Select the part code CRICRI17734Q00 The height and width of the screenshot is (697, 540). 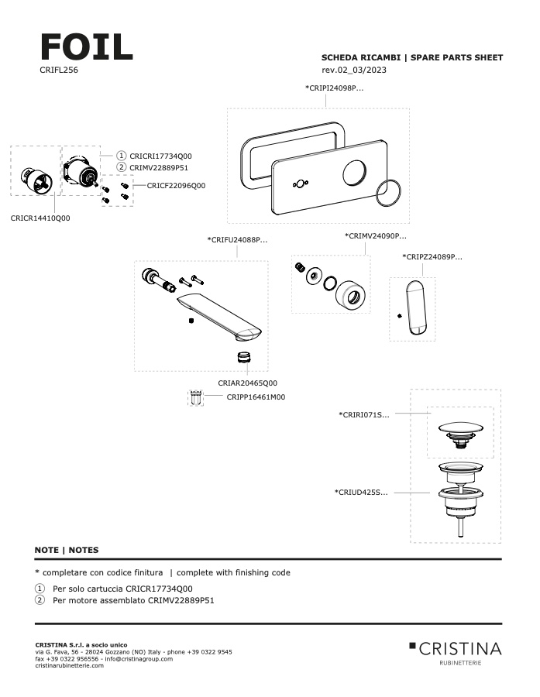[160, 156]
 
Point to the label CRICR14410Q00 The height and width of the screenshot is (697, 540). [40, 218]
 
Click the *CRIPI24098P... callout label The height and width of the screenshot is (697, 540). [334, 88]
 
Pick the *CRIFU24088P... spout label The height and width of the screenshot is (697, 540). [238, 240]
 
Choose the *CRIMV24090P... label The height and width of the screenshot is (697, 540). [376, 235]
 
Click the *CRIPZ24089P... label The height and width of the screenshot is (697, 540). [432, 256]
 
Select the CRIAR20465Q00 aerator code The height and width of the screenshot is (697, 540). [247, 383]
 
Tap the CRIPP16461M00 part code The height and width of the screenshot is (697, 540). [256, 397]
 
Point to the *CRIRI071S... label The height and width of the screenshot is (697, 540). [364, 415]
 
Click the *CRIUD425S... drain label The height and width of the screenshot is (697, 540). [361, 492]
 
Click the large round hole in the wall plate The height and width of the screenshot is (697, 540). [357, 170]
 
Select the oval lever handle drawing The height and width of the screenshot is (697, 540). [417, 307]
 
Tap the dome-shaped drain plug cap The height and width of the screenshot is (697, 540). [460, 428]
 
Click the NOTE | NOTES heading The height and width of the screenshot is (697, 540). [67, 550]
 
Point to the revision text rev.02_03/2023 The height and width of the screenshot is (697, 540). [354, 70]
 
